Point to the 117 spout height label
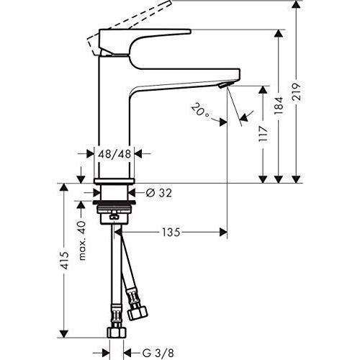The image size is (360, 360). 264,134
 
